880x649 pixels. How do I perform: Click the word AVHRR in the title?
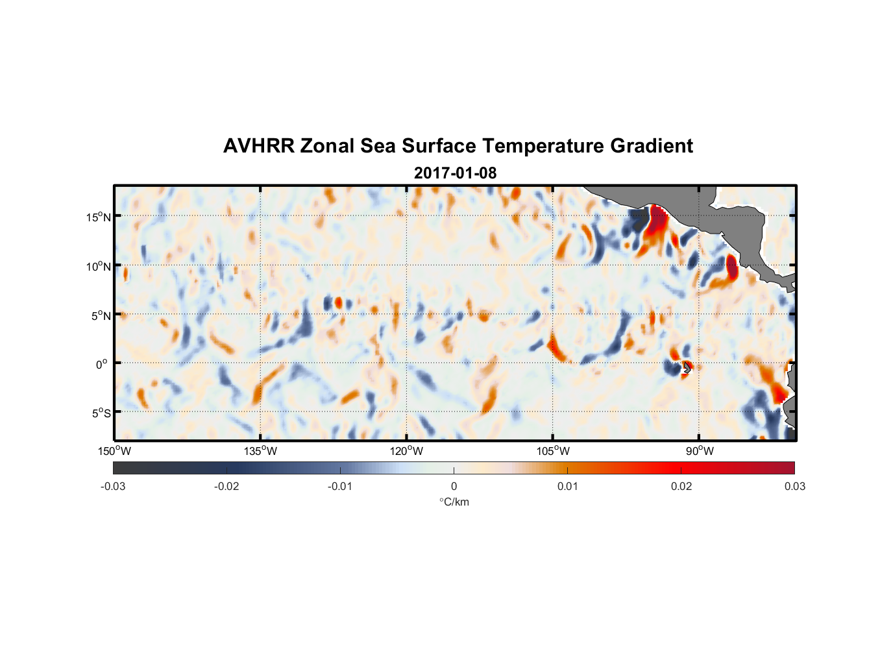[x=258, y=146]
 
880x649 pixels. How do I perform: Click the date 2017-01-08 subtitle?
[x=455, y=173]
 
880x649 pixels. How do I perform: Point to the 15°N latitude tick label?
[x=98, y=217]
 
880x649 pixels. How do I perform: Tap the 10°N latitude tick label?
[x=98, y=266]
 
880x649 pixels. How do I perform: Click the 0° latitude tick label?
[x=102, y=364]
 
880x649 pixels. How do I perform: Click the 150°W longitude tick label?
[x=114, y=451]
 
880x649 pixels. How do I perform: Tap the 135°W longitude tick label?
[x=260, y=451]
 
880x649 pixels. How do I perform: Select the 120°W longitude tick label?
[x=406, y=451]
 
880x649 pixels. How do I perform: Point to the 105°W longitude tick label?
[x=553, y=451]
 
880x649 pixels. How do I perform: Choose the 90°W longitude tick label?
[x=699, y=451]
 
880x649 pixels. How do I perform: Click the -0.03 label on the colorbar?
[x=113, y=486]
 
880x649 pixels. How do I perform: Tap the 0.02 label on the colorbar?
[x=681, y=486]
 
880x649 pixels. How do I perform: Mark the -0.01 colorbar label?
[x=340, y=486]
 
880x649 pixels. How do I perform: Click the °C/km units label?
[x=454, y=502]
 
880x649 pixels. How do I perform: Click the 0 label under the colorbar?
[x=454, y=486]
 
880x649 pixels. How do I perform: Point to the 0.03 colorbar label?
[x=794, y=486]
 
